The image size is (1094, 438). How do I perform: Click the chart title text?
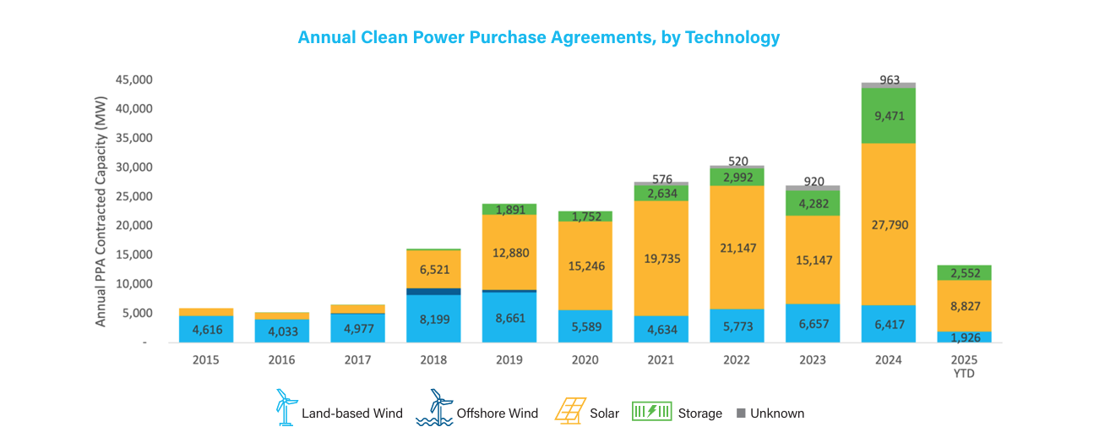(x=538, y=38)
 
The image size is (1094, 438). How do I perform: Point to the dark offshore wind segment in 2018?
(x=433, y=291)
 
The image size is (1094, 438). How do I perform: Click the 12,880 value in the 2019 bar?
(x=509, y=253)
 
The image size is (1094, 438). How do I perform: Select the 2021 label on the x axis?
(x=661, y=360)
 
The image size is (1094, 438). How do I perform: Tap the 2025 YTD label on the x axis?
(x=964, y=366)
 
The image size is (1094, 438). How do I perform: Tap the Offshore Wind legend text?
(x=498, y=413)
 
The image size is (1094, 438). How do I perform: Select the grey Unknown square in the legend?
(x=741, y=413)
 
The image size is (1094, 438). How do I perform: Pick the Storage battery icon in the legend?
(x=652, y=412)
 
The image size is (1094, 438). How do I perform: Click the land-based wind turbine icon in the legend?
(x=286, y=407)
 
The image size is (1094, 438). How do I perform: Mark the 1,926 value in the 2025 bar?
(x=964, y=337)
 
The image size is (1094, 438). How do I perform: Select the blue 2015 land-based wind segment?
(x=205, y=328)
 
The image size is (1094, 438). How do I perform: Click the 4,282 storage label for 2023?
(x=813, y=203)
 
